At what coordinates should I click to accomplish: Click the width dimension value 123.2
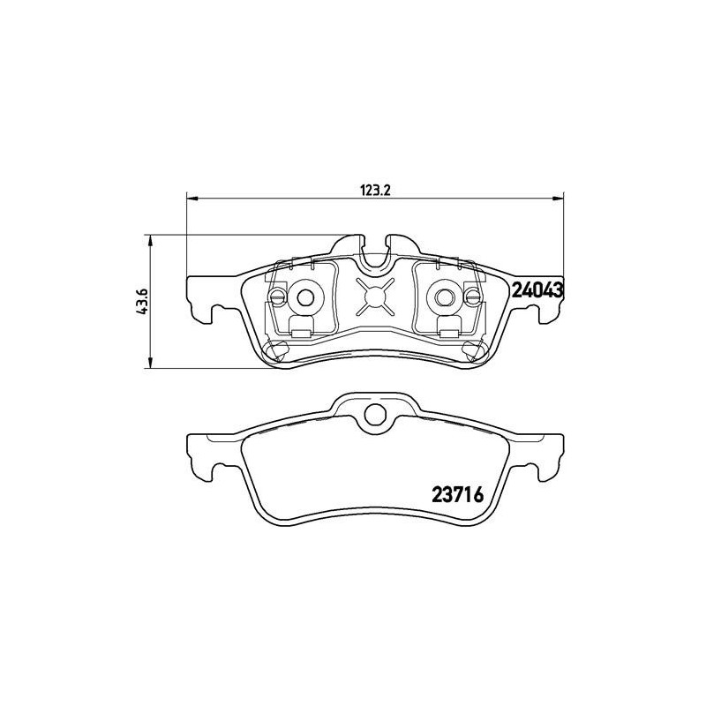click(374, 189)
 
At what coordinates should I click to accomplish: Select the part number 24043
click(537, 289)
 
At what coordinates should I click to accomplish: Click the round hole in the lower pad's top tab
click(375, 413)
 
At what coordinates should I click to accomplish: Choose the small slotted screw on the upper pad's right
click(473, 297)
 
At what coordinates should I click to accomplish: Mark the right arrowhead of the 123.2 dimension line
click(560, 198)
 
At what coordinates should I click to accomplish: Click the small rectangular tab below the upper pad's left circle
click(299, 333)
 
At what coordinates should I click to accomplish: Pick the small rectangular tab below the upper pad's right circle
click(449, 333)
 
